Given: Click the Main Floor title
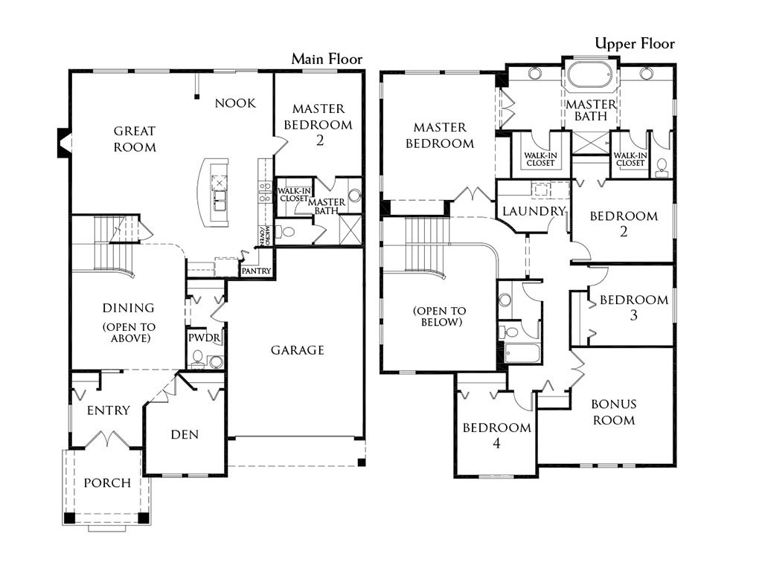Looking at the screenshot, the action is point(327,59).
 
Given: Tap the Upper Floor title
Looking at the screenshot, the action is point(635,44).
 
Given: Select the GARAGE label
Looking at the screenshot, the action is point(298,350).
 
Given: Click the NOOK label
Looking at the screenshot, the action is point(235,103).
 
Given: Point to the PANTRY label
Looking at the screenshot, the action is point(256,271).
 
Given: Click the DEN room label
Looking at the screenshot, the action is point(185,434).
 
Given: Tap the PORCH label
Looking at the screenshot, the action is point(107,483).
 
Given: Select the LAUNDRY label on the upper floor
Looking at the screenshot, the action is point(534,211).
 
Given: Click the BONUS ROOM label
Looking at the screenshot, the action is point(614,412).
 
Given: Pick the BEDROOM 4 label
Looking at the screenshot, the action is point(496,435).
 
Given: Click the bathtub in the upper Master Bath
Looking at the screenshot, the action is point(590,75).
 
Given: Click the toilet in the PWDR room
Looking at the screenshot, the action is point(198,358).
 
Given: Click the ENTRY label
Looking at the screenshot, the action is point(109,410).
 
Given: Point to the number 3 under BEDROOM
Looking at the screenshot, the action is point(634,315).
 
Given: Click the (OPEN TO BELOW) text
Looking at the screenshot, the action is point(439,317).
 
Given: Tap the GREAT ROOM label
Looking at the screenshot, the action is point(135,139).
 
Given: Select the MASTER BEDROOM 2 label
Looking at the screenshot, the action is point(318,124).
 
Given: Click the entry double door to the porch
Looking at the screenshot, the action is point(107,439).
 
